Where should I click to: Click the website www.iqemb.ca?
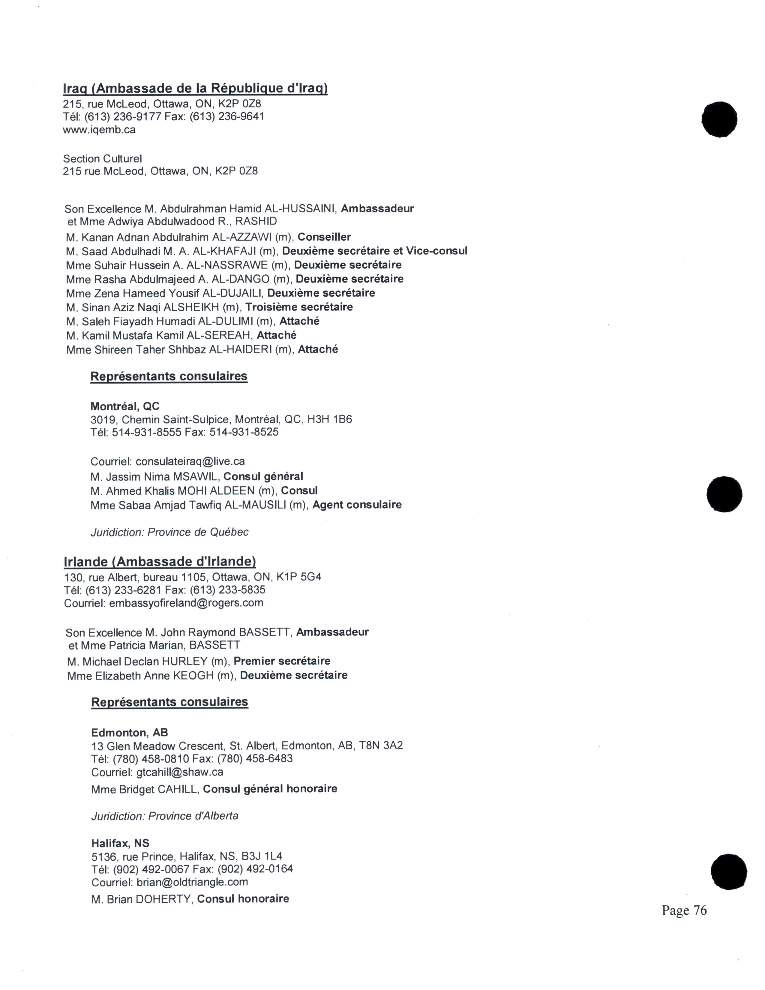coord(99,130)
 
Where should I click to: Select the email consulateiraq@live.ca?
coord(190,461)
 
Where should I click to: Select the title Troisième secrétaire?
coord(299,307)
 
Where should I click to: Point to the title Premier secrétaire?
coord(282,661)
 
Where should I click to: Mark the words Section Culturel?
coord(102,159)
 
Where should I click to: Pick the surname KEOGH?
coord(193,675)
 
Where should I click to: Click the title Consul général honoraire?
coord(270,789)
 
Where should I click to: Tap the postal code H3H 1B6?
coord(329,419)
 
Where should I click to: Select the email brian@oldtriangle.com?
coord(192,882)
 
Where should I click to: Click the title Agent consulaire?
coord(357,505)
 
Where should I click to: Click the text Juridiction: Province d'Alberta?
coord(164,816)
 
